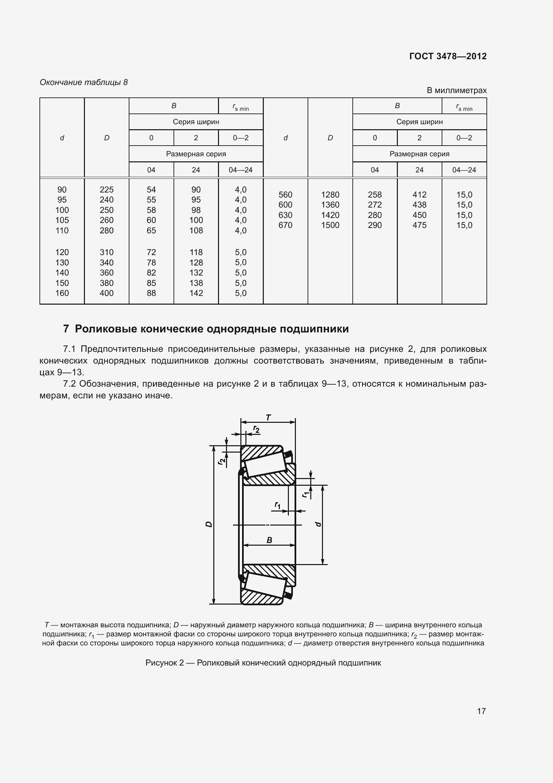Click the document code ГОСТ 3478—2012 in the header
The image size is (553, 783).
click(x=448, y=56)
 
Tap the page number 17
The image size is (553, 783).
click(x=481, y=711)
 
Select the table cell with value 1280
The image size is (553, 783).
click(x=330, y=195)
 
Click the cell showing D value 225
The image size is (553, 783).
click(x=107, y=189)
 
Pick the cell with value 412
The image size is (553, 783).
click(x=419, y=195)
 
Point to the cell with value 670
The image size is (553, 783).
click(x=285, y=225)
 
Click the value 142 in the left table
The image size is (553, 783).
click(x=196, y=293)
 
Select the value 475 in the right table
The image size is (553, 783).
click(x=419, y=225)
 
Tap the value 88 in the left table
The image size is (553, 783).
click(x=151, y=293)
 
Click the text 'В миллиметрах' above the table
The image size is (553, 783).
click(x=457, y=90)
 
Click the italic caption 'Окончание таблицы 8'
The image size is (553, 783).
click(x=84, y=82)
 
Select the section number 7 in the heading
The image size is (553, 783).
click(x=66, y=329)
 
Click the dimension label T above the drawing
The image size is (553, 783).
click(x=268, y=417)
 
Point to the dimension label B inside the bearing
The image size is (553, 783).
click(x=269, y=540)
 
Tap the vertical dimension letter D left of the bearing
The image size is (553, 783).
click(x=209, y=524)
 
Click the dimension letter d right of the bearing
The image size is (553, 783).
click(x=318, y=524)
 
